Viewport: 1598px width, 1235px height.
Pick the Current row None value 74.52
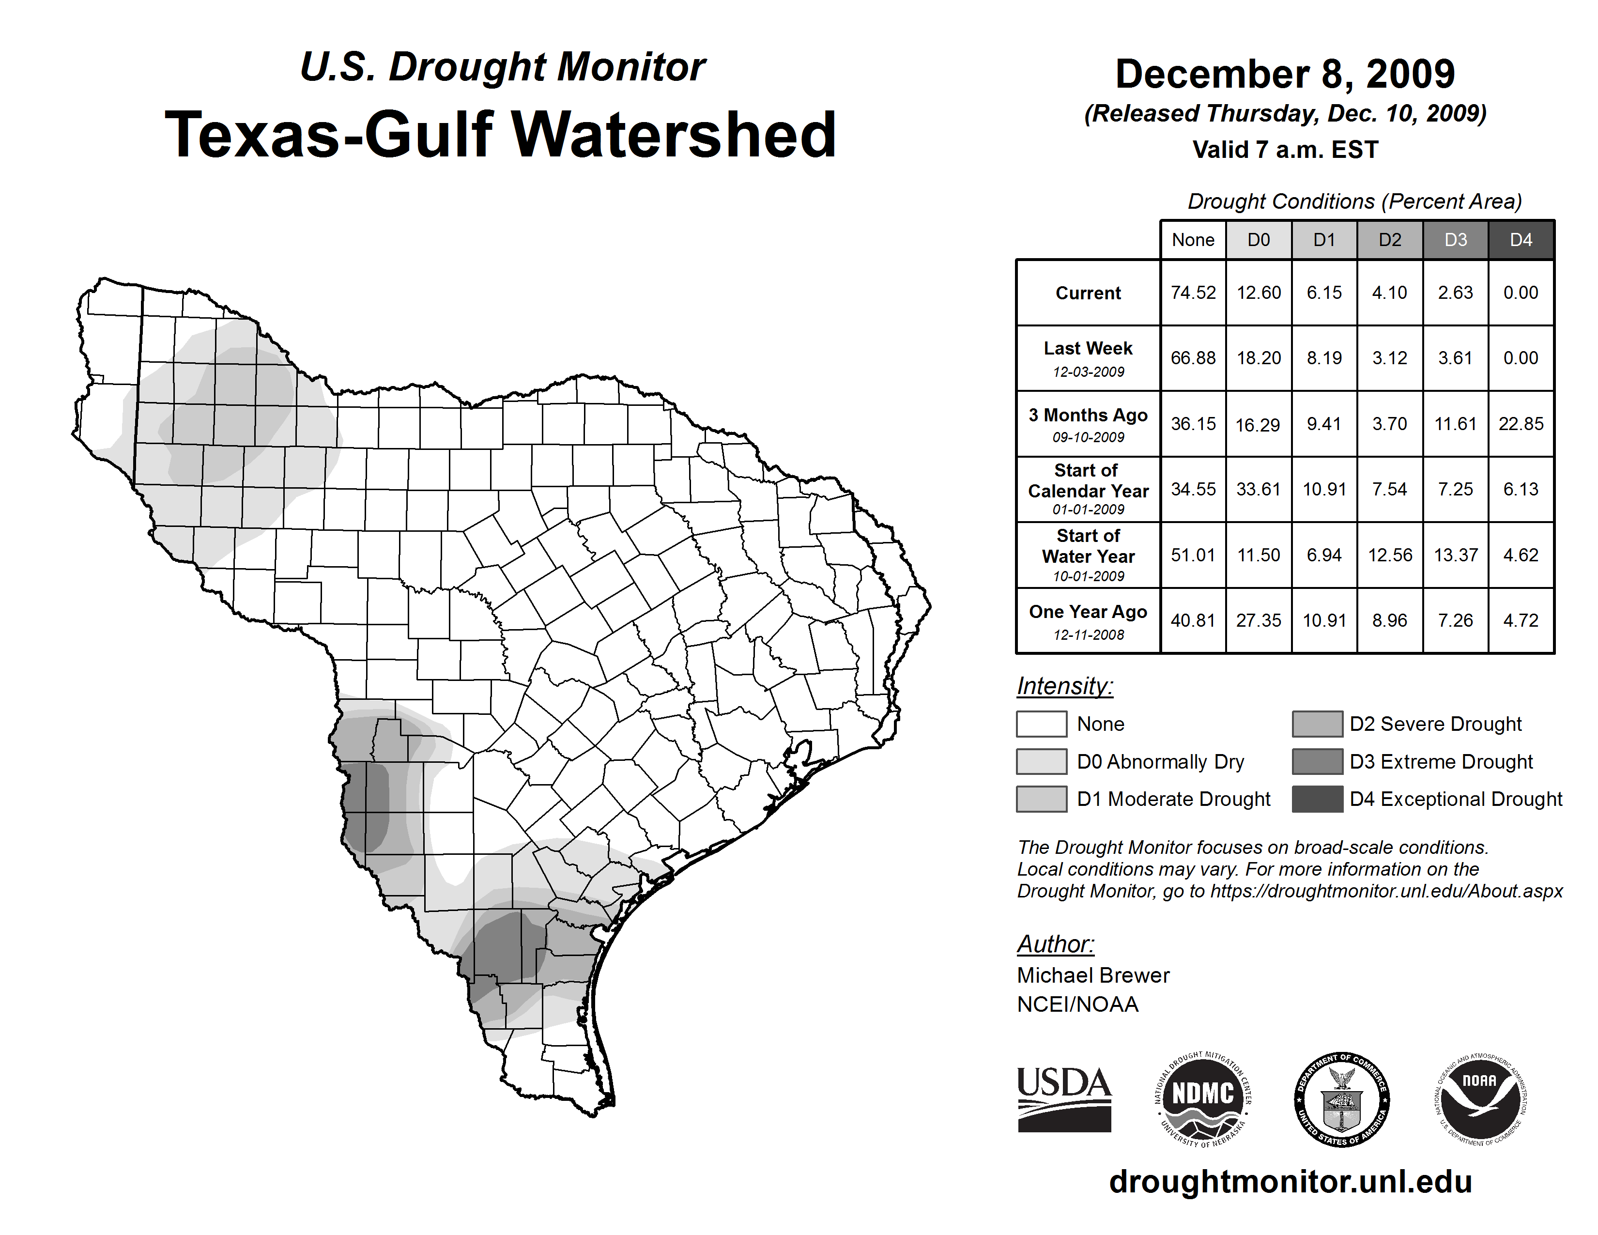1193,293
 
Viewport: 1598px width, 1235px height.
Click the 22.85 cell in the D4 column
1521,424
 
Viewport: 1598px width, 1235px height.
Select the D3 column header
1455,240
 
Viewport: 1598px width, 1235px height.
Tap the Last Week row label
1088,358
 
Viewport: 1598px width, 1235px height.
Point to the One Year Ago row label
1088,620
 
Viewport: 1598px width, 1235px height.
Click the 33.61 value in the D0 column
1259,489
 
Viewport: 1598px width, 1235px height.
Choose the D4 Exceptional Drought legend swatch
1317,799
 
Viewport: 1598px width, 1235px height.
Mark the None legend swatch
1041,724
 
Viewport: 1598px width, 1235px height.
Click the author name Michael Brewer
1093,975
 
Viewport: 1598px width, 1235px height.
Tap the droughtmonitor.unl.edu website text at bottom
1291,1182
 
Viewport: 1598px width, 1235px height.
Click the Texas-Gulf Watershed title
501,135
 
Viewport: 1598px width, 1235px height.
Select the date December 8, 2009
1285,74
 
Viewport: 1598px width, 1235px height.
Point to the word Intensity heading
1064,686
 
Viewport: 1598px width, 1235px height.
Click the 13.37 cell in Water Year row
1455,555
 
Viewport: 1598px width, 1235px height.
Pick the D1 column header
1324,240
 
